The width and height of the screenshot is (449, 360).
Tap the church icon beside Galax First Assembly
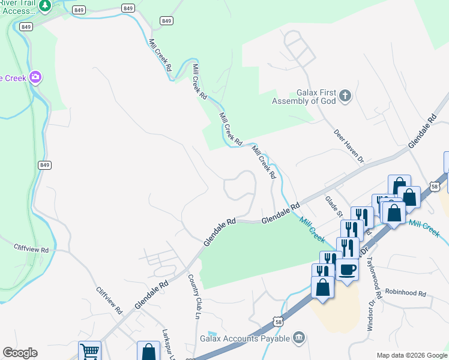[345, 96]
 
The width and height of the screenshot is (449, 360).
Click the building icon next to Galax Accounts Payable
[298, 339]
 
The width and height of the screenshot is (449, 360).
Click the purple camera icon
[35, 77]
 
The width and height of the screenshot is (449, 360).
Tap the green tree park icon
[45, 5]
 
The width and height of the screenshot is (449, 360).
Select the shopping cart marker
[89, 350]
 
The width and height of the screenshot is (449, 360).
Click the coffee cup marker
[347, 269]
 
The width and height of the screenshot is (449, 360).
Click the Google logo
[20, 353]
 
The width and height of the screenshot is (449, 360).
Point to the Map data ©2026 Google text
[412, 355]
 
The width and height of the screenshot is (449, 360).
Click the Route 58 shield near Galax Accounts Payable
[276, 322]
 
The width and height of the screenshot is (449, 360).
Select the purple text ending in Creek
[12, 77]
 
